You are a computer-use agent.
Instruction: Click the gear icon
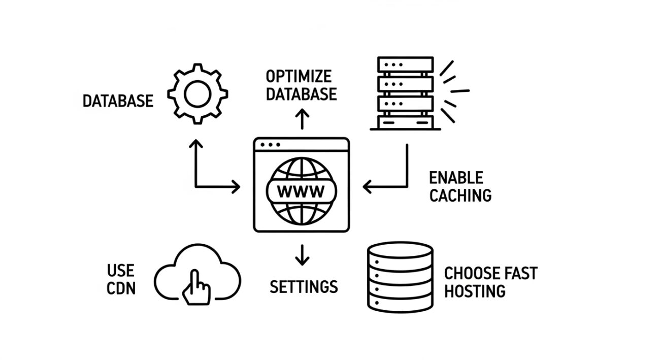[x=197, y=94]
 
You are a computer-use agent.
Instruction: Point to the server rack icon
[x=405, y=93]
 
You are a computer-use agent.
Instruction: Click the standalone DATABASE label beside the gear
[x=118, y=101]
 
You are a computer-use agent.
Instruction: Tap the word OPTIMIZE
[x=299, y=77]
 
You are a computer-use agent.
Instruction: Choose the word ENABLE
[x=456, y=178]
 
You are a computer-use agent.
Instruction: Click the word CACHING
[x=460, y=195]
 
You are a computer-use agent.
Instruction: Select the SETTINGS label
[x=304, y=286]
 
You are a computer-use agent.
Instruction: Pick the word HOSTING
[x=475, y=291]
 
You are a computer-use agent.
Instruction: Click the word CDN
[x=121, y=288]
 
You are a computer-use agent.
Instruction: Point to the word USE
[x=121, y=270]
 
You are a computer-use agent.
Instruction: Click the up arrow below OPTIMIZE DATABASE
[x=302, y=118]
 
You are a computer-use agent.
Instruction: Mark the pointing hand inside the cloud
[x=196, y=287]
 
